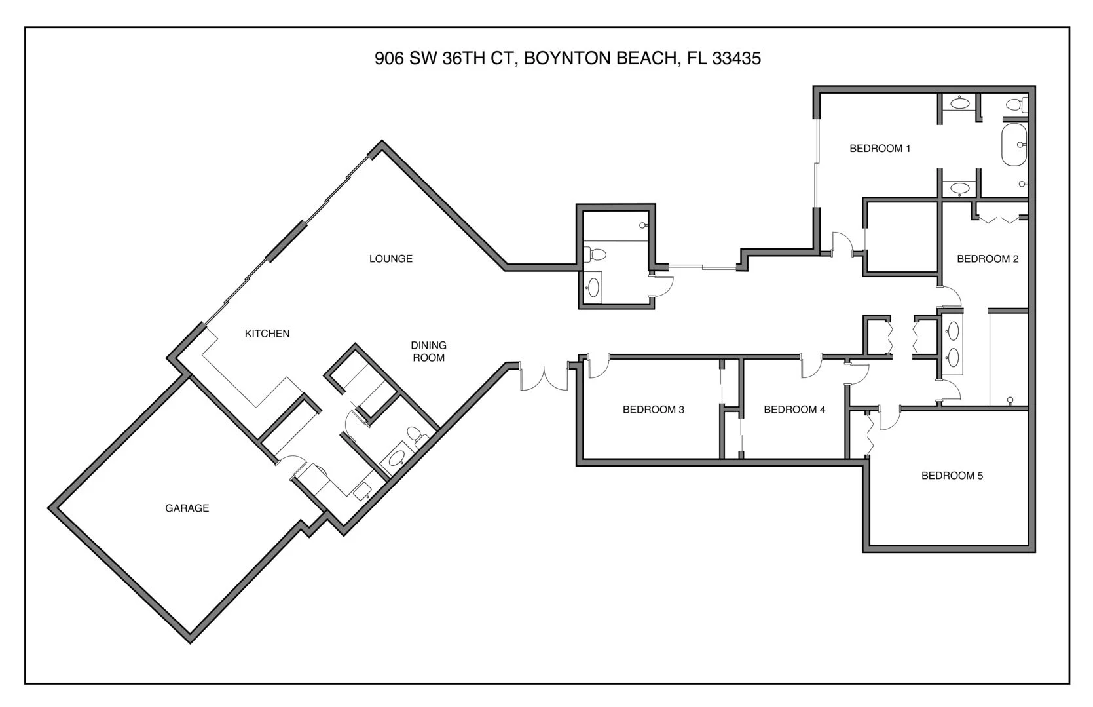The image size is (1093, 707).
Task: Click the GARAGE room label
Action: pyautogui.click(x=187, y=508)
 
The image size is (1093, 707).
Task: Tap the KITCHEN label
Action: pyautogui.click(x=267, y=334)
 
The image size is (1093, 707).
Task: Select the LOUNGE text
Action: pyautogui.click(x=391, y=259)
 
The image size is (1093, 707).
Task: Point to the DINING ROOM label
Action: pyautogui.click(x=428, y=352)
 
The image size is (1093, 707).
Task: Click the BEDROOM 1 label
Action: pyautogui.click(x=880, y=149)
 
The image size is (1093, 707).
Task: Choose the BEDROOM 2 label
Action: pyautogui.click(x=988, y=259)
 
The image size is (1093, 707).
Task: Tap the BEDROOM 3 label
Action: pyautogui.click(x=654, y=410)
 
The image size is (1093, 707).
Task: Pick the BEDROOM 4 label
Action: pyautogui.click(x=794, y=410)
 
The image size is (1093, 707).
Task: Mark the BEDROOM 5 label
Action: pyautogui.click(x=952, y=476)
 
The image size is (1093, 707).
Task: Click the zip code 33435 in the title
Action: pyautogui.click(x=736, y=58)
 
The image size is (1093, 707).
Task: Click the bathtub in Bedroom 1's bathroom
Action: pyautogui.click(x=1014, y=145)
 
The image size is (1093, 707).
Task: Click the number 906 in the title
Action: pyautogui.click(x=390, y=58)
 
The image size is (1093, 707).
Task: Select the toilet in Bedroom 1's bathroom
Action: pyautogui.click(x=1016, y=104)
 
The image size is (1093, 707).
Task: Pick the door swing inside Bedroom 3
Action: pyautogui.click(x=599, y=366)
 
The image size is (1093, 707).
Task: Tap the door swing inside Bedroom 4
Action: pyautogui.click(x=811, y=366)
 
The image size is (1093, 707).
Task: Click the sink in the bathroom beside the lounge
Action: pyautogui.click(x=593, y=288)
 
